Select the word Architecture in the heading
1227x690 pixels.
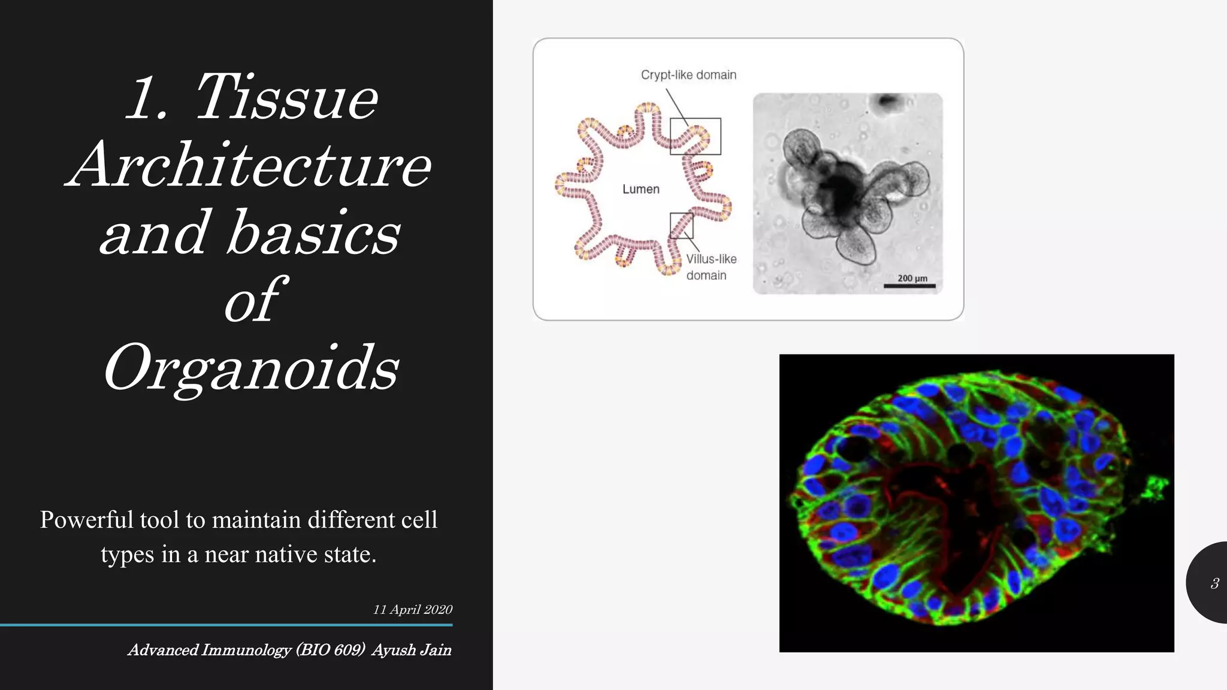pos(248,165)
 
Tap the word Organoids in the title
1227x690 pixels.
pos(251,368)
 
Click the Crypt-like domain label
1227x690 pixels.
pos(688,75)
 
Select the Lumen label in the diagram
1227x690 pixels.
pos(640,189)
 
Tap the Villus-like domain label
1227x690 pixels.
pos(711,267)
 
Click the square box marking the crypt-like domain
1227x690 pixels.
pos(695,137)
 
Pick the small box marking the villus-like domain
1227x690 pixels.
pos(681,225)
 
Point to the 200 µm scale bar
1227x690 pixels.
pos(909,286)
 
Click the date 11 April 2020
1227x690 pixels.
pos(412,610)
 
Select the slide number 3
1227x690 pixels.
pos(1214,583)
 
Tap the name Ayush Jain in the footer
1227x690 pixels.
pos(411,650)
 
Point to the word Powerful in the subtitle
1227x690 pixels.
pos(86,520)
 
